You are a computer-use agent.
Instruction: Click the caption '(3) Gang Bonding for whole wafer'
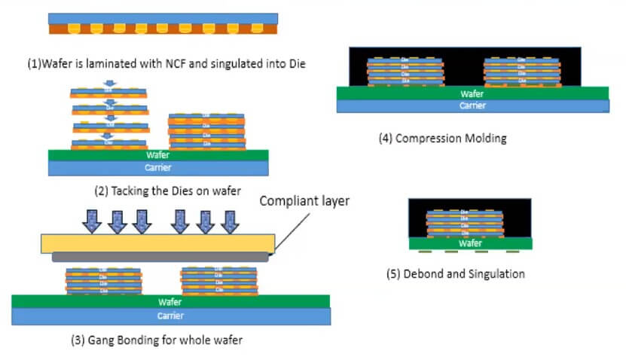(x=157, y=340)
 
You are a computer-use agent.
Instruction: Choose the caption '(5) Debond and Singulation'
(x=455, y=273)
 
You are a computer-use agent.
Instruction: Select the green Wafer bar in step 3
(x=170, y=301)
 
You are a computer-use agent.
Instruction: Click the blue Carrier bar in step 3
(x=170, y=316)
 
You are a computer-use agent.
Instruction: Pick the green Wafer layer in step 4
(x=473, y=94)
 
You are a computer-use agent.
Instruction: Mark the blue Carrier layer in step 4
(x=473, y=106)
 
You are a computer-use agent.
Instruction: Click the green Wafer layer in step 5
(x=469, y=243)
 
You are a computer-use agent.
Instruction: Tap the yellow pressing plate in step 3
(x=158, y=243)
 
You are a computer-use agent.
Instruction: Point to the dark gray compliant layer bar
(x=160, y=257)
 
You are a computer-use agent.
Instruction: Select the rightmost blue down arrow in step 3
(x=228, y=221)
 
